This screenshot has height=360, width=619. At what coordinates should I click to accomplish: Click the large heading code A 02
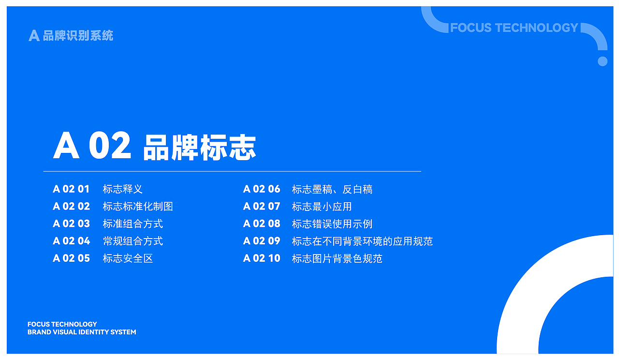92,146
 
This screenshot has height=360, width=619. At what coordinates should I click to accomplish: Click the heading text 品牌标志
199,147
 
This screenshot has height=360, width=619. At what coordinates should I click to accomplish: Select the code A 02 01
71,189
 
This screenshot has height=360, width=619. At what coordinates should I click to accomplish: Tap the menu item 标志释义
122,189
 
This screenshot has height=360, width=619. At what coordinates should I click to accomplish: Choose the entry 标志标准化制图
137,207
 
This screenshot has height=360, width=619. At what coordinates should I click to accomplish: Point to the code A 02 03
71,224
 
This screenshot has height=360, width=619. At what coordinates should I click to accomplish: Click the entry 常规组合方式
133,241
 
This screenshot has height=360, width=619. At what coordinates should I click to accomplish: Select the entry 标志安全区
128,258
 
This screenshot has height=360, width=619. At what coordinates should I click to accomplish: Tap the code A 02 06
262,189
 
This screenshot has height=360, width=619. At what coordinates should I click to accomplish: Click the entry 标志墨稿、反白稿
332,189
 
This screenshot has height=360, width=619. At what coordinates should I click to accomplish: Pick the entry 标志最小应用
322,207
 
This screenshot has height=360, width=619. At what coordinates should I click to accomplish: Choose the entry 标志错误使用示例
332,224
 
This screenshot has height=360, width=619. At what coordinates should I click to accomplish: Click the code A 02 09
262,241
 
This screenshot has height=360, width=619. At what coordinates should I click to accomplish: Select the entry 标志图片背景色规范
337,258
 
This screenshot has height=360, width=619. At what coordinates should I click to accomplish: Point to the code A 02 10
262,258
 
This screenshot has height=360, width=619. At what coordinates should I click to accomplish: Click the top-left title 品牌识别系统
78,35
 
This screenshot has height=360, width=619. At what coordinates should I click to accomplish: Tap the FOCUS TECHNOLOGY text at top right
514,28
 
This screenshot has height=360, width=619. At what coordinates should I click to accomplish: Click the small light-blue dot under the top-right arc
603,61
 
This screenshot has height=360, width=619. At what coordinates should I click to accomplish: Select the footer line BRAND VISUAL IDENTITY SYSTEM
82,332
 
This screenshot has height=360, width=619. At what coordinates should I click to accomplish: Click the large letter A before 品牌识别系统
34,35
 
